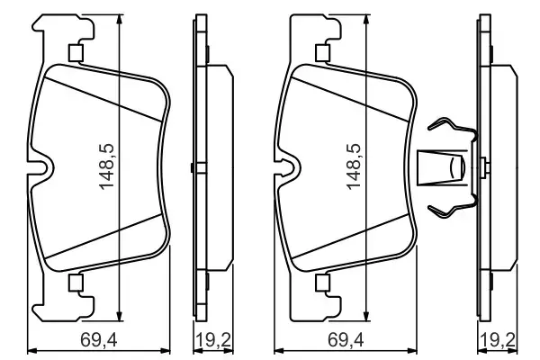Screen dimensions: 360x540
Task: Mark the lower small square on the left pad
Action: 76,284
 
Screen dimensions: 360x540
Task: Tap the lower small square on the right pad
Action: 321,284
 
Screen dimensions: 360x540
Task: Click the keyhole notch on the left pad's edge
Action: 41,167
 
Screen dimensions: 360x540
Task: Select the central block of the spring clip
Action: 444,167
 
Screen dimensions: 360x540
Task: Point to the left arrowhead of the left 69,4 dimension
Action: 32,350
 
